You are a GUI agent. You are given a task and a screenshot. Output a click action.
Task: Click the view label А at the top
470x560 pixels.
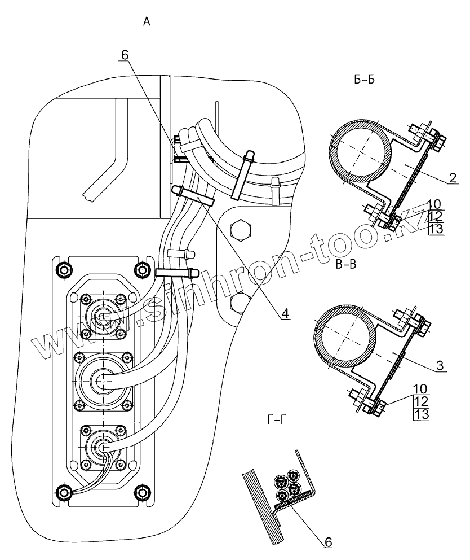click(x=147, y=22)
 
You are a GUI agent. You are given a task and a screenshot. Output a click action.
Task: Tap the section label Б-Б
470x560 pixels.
click(x=365, y=80)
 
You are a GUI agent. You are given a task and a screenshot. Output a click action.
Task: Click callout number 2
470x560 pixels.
click(x=453, y=178)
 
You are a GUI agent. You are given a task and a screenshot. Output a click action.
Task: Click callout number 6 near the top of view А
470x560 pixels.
click(x=125, y=55)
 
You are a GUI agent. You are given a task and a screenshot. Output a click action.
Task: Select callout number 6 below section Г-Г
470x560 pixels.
click(x=328, y=541)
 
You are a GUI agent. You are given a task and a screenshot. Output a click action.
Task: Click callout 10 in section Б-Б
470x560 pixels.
click(x=434, y=204)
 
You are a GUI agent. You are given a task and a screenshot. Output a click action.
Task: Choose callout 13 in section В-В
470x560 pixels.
click(x=422, y=415)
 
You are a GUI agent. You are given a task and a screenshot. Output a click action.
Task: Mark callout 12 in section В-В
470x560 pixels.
click(x=422, y=402)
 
